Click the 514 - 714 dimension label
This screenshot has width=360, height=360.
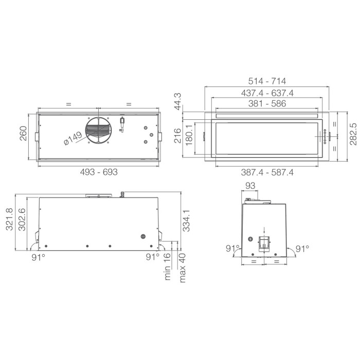[267, 81]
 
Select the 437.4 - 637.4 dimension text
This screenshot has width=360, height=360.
[267, 93]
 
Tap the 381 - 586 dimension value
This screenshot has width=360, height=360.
[267, 103]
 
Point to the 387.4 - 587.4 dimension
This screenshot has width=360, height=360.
[267, 172]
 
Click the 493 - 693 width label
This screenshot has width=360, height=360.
[99, 172]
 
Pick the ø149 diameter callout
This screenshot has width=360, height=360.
[73, 138]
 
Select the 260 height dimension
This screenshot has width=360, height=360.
[23, 133]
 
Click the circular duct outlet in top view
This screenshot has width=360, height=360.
[98, 131]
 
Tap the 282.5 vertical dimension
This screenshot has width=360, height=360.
[353, 134]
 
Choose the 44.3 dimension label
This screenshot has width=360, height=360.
[178, 101]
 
